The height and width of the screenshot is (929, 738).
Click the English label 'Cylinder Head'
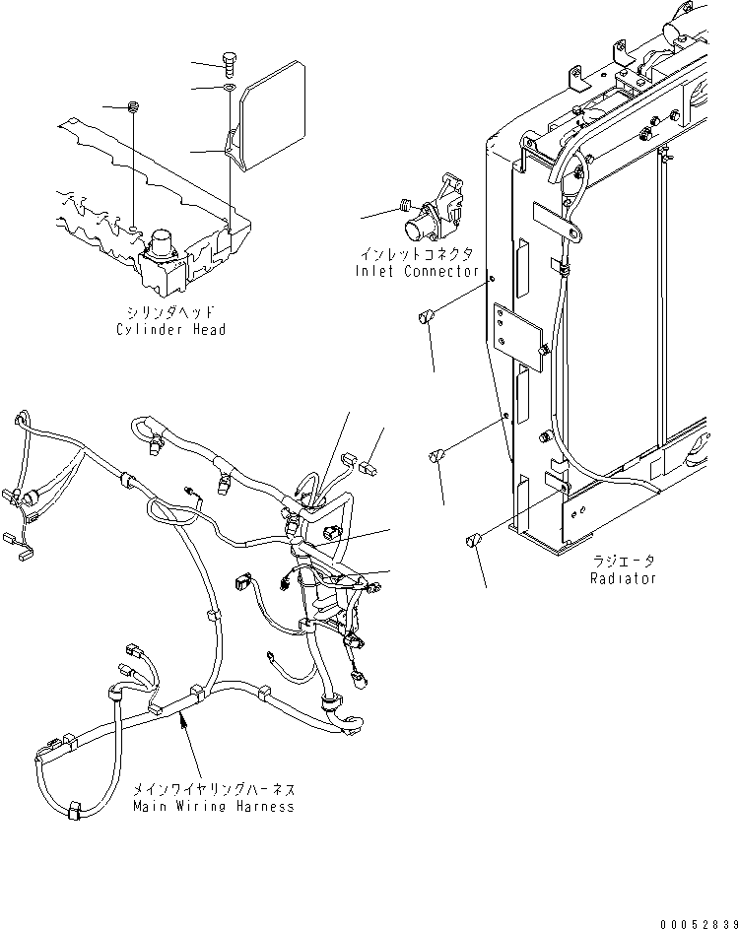170,329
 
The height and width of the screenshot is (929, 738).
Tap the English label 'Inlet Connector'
417,271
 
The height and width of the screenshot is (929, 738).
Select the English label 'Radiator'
623,578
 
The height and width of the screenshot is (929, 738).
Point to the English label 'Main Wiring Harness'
214,807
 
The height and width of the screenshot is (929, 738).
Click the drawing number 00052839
700,924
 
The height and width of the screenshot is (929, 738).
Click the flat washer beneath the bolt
230,89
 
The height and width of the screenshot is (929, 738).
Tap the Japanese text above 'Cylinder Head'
170,312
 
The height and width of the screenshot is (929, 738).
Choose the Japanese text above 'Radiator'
624,562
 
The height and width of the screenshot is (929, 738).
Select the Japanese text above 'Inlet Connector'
418,254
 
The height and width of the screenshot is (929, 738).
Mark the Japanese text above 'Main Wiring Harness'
214,789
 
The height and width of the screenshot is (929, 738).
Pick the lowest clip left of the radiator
473,541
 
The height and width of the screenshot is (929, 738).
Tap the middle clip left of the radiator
437,456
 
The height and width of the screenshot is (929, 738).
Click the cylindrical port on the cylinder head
159,243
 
